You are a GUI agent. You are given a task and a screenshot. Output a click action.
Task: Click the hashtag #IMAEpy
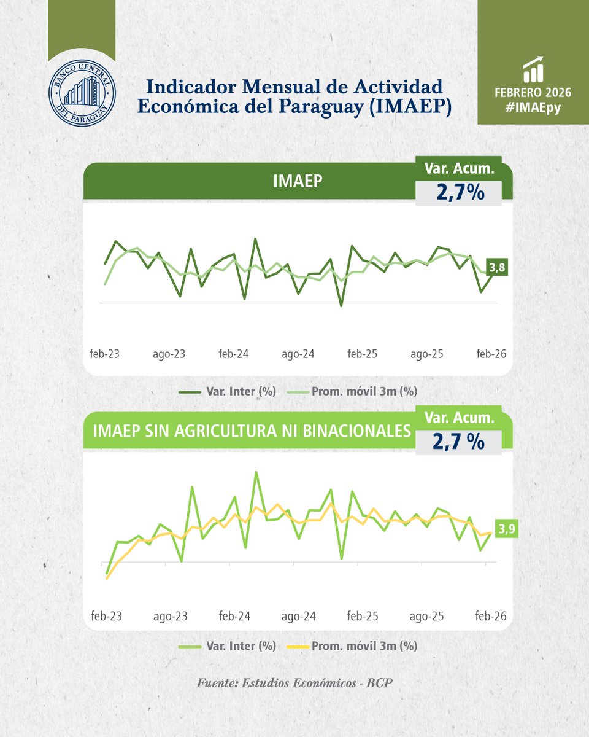pyautogui.click(x=533, y=107)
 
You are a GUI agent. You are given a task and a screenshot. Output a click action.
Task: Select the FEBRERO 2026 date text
pyautogui.click(x=533, y=93)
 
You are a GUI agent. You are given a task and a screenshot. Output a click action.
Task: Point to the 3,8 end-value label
pyautogui.click(x=497, y=267)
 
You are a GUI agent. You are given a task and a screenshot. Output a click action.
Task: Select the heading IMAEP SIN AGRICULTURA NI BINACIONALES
pyautogui.click(x=251, y=431)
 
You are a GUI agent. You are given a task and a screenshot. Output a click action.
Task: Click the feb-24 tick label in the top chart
pyautogui.click(x=234, y=354)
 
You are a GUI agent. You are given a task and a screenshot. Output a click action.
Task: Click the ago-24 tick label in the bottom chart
pyautogui.click(x=298, y=616)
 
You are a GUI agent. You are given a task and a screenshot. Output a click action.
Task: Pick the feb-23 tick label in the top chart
pyautogui.click(x=105, y=354)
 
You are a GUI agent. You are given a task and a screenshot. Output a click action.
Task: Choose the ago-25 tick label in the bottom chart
pyautogui.click(x=427, y=616)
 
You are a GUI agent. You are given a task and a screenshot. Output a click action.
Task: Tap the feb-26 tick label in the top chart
pyautogui.click(x=491, y=354)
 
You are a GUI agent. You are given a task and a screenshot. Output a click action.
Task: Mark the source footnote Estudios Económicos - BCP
pyautogui.click(x=294, y=683)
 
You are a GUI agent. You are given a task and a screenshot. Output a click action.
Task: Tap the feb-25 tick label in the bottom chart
pyautogui.click(x=363, y=616)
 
